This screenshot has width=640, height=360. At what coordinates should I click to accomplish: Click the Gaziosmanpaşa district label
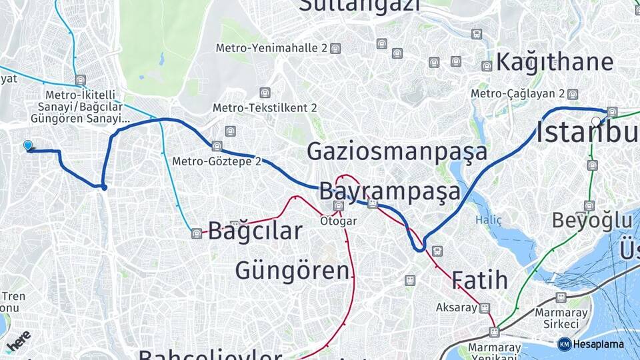tap(397, 152)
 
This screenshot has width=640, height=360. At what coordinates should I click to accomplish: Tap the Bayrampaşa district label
tap(389, 191)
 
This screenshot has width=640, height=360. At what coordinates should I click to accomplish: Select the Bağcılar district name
tap(255, 231)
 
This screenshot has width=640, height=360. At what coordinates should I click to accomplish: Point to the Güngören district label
tap(292, 271)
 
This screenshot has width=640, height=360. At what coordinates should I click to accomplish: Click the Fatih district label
tap(479, 279)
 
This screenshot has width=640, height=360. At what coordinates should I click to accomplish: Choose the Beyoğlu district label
tap(592, 221)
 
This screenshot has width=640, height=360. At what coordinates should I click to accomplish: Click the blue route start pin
tap(28, 145)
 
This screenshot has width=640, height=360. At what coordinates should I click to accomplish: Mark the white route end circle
tap(596, 121)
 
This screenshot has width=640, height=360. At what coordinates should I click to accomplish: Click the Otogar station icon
tap(339, 206)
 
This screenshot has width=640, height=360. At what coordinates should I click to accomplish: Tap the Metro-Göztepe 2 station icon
tap(217, 146)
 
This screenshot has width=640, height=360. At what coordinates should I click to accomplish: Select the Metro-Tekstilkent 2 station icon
tap(265, 93)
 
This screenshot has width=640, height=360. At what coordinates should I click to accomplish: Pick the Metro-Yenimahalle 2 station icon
tap(335, 48)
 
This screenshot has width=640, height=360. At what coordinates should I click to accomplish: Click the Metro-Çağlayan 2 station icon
tap(573, 93)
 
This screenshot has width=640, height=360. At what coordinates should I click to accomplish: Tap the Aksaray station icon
tap(485, 308)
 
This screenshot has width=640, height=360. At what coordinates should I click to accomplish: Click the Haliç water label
tap(488, 219)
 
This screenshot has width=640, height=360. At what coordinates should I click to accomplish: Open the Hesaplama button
tap(591, 344)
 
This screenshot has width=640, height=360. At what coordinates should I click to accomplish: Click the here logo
tap(18, 340)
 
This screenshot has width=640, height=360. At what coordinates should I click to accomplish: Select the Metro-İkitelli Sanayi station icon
tap(81, 80)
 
